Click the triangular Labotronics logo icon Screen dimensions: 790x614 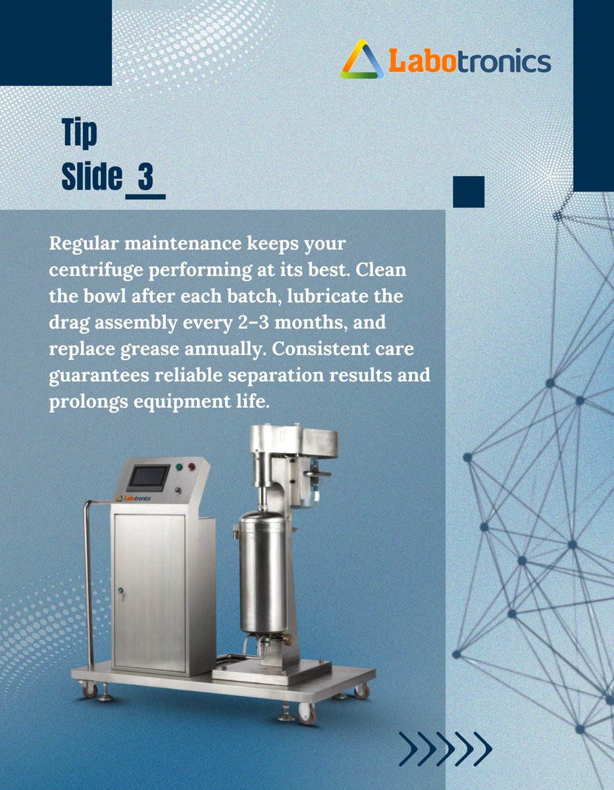[x=362, y=61]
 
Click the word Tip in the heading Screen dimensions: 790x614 [x=79, y=133]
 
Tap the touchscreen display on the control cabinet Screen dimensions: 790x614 [x=148, y=477]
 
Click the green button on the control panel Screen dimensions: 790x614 [x=179, y=467]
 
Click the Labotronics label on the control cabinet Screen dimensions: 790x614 [x=133, y=498]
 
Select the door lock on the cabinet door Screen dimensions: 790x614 [x=120, y=591]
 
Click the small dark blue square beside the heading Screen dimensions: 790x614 [x=469, y=192]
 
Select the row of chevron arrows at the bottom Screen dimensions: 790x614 [x=446, y=749]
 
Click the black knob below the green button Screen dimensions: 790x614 [x=178, y=490]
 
